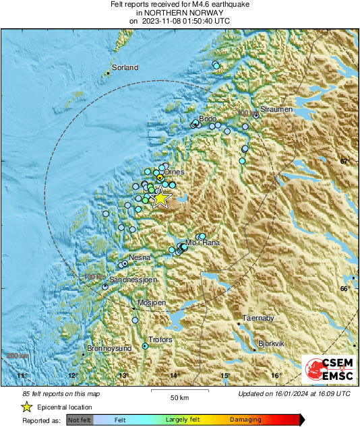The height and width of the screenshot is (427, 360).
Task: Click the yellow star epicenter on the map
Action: coord(160,197)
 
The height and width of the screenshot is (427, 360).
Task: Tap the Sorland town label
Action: coord(125,67)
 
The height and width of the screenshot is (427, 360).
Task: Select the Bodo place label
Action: coord(207,119)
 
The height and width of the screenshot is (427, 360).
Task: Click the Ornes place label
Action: coord(174,172)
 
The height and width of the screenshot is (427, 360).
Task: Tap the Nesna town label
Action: coord(140,257)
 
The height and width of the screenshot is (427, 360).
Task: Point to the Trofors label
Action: coord(160,340)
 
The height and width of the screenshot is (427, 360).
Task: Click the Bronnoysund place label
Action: coord(109,349)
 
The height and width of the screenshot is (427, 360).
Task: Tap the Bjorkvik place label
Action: coord(272,343)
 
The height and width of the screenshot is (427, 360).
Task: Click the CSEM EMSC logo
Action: coord(327,369)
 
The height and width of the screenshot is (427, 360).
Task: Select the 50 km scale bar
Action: coord(178,390)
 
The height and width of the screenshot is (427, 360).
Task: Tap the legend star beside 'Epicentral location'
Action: coord(27,407)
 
